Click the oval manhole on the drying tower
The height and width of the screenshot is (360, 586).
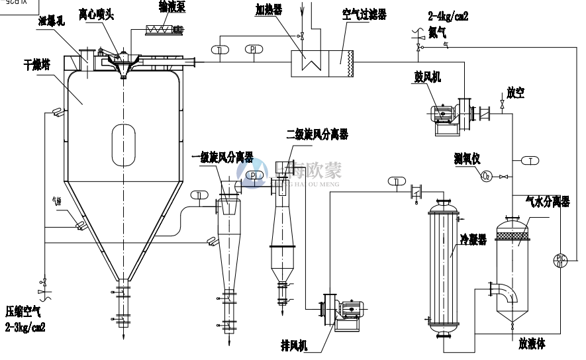click(124, 145)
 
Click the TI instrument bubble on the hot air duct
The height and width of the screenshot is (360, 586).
click(221, 50)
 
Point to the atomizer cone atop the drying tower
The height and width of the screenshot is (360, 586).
click(124, 66)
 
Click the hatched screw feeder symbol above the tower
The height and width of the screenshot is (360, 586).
click(163, 29)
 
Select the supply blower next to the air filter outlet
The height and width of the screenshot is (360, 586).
click(447, 116)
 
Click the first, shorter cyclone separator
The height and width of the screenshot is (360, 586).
click(228, 238)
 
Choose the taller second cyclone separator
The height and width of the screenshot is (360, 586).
click(283, 232)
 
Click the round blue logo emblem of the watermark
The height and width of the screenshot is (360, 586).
click(252, 174)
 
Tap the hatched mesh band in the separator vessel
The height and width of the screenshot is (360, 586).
click(514, 231)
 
